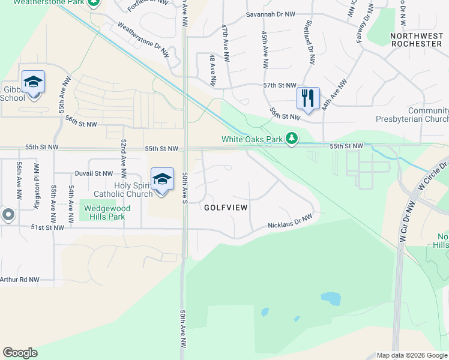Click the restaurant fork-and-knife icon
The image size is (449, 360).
[308, 98]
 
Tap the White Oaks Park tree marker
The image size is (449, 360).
[292, 139]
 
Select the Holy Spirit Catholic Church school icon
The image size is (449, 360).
[162, 180]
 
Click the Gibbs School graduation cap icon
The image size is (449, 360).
[33, 82]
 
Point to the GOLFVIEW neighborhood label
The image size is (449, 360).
[226, 207]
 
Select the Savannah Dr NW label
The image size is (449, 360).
[270, 14]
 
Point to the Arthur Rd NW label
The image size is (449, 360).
[19, 280]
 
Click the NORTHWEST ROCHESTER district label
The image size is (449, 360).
[416, 40]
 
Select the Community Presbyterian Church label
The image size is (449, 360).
[428, 115]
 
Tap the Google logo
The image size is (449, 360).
[20, 353]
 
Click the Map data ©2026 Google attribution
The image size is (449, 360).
[412, 355]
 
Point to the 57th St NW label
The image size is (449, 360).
[280, 86]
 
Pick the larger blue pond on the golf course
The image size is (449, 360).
[330, 297]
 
